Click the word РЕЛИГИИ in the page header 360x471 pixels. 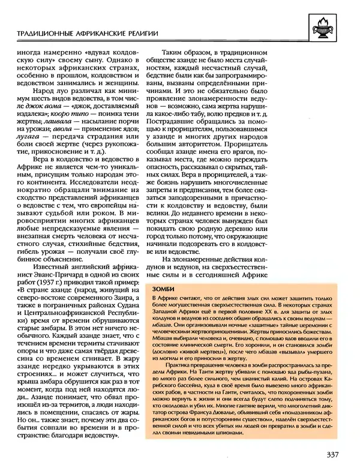136,33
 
